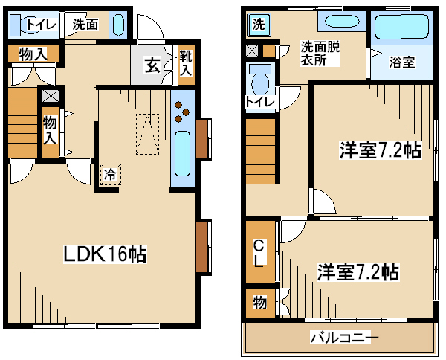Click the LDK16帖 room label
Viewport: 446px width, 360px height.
105,254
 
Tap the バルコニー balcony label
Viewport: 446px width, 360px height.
344,338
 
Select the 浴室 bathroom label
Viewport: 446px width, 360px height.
402,62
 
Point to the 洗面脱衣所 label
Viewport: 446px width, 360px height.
320,54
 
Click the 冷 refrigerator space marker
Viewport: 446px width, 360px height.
110,175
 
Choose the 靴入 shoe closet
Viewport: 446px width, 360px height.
187,65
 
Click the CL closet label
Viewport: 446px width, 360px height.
260,251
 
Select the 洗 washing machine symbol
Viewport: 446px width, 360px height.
259,25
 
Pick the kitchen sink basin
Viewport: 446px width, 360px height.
182,154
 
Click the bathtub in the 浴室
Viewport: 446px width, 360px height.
401,27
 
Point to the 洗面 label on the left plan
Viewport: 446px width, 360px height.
85,25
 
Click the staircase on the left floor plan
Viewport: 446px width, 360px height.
23,123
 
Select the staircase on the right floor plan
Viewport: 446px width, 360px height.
261,151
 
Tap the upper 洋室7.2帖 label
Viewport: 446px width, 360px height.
381,150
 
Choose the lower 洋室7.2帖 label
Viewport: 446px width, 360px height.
358,272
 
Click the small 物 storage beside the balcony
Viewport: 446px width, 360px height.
260,303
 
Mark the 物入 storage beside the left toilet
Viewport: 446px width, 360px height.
33,54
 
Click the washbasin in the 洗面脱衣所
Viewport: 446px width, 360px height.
342,22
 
